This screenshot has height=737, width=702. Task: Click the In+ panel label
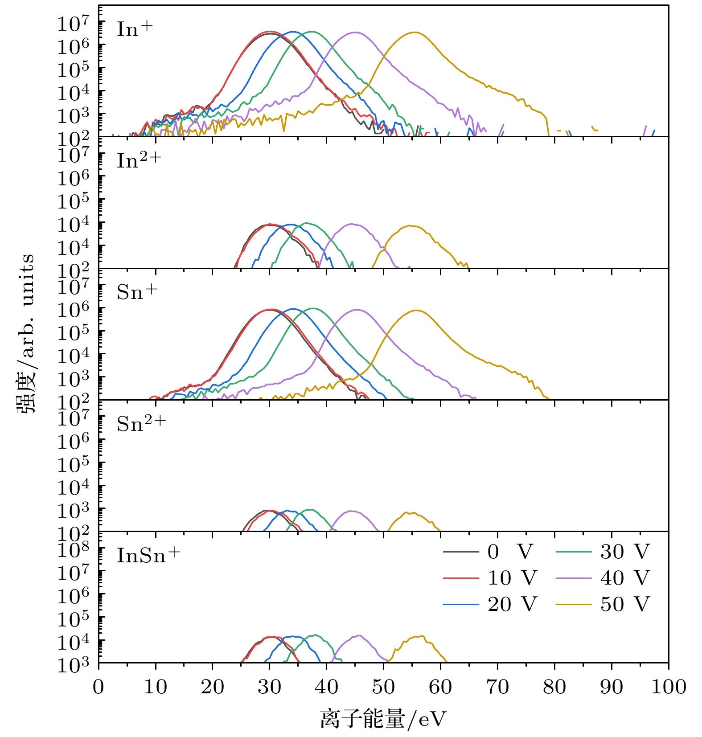(x=135, y=29)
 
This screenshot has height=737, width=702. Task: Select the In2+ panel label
(x=139, y=161)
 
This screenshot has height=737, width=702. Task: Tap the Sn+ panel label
(x=137, y=292)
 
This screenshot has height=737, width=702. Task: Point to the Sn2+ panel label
(x=141, y=424)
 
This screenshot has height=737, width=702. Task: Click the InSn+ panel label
(x=148, y=555)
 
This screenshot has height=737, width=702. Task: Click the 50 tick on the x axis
(x=383, y=687)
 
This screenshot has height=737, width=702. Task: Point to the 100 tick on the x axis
(x=668, y=687)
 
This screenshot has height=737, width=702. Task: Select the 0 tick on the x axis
(x=99, y=687)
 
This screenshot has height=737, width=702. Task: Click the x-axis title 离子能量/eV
(x=383, y=719)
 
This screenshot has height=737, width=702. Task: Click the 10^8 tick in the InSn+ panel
(x=74, y=549)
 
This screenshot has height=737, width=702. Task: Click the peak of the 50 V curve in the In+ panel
(x=415, y=32)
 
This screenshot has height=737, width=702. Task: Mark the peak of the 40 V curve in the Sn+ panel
(x=357, y=309)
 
